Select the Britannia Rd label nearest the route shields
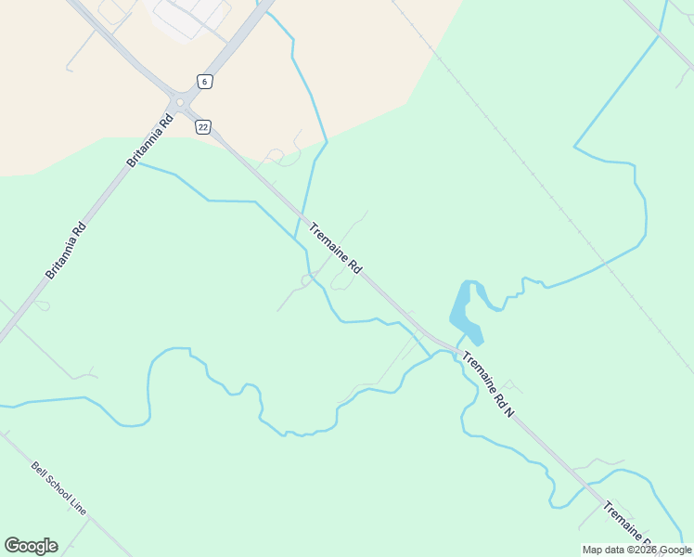coord(150,140)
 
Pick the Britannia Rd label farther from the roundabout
coord(65,250)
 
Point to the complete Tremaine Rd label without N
coord(334,248)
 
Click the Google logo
coord(31,546)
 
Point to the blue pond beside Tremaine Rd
coord(465,311)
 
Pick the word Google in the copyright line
coord(675,550)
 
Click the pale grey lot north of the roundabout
coord(190,16)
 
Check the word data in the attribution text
coord(618,550)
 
